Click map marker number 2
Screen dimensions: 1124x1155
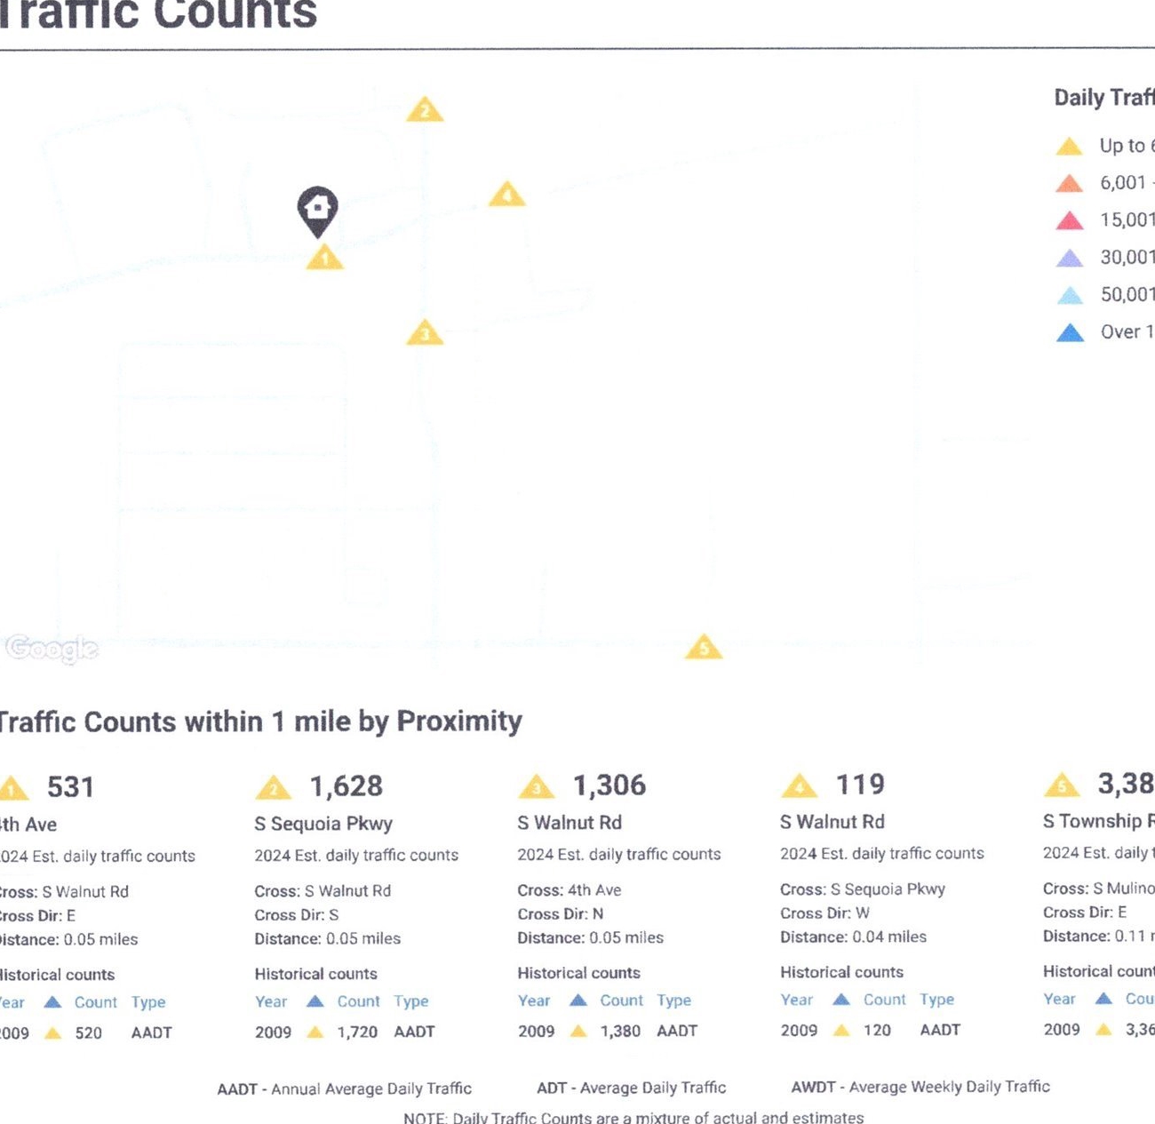(425, 110)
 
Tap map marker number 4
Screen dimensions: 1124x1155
(507, 195)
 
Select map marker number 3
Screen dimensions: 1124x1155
(425, 333)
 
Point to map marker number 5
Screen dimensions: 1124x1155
(704, 647)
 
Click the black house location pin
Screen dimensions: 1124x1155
(317, 210)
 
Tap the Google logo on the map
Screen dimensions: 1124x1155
(52, 650)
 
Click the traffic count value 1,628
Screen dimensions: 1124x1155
(346, 786)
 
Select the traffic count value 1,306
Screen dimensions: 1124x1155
(609, 785)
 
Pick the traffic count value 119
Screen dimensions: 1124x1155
(860, 785)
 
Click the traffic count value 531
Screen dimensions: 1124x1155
(70, 787)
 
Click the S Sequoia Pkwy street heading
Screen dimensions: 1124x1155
(323, 824)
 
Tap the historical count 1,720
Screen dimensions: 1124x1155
(357, 1032)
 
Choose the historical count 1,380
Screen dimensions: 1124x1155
(620, 1031)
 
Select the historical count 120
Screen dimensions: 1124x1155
(877, 1030)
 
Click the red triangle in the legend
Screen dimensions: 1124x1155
(1070, 220)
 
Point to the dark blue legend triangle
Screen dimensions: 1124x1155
(1071, 333)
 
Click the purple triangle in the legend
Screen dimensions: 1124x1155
(1070, 259)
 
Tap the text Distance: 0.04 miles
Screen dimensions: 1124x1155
(853, 937)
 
